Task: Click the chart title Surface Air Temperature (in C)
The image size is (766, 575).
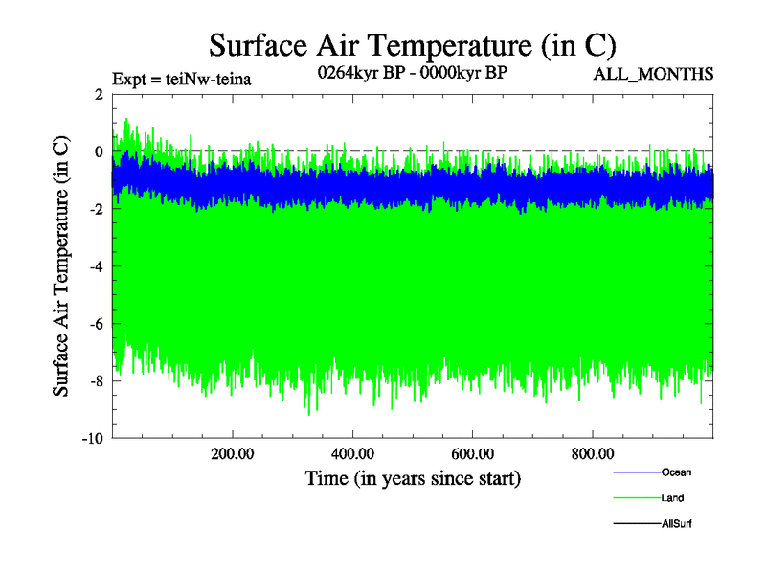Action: coord(412,45)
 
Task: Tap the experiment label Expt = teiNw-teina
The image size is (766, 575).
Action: coord(182,79)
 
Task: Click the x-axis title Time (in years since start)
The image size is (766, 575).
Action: coord(413,477)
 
